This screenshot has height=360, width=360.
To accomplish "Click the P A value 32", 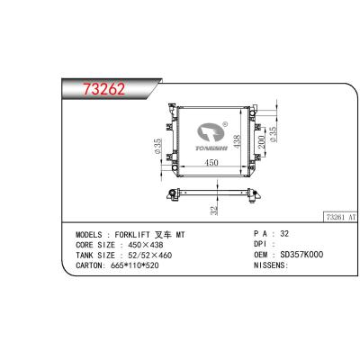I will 285,233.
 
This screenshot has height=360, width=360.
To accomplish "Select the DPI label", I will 258,244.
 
